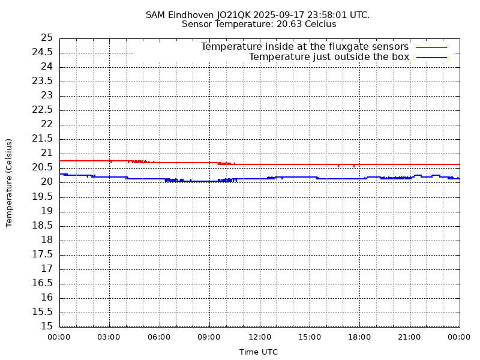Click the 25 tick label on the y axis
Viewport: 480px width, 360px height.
pyautogui.click(x=46, y=38)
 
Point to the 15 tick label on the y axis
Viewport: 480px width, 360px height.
pyautogui.click(x=46, y=326)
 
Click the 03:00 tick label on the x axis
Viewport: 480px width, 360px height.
pyautogui.click(x=109, y=337)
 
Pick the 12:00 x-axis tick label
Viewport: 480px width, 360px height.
pyautogui.click(x=259, y=337)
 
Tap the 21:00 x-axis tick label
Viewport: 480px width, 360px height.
pyautogui.click(x=410, y=337)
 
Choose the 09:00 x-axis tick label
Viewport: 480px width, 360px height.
pyautogui.click(x=209, y=337)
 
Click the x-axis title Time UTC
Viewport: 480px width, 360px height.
pyautogui.click(x=259, y=352)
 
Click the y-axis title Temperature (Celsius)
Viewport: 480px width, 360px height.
pyautogui.click(x=9, y=182)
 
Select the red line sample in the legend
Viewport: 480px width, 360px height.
pyautogui.click(x=432, y=47)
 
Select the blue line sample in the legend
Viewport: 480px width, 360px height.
pyautogui.click(x=432, y=57)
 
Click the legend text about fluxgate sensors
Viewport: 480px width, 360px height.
pyautogui.click(x=304, y=47)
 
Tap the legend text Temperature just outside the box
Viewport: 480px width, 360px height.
pyautogui.click(x=329, y=57)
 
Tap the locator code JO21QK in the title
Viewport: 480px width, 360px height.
pyautogui.click(x=235, y=14)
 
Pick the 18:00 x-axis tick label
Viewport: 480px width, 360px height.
pyautogui.click(x=359, y=337)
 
